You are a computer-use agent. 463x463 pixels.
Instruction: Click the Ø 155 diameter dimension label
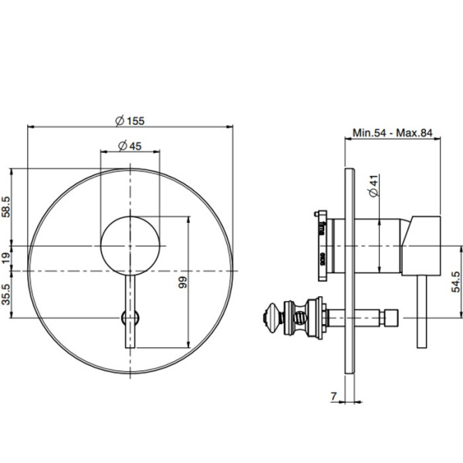(x=130, y=121)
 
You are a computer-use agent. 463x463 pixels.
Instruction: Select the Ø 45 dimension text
(x=130, y=146)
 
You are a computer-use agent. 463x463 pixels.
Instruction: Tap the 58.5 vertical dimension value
(x=6, y=207)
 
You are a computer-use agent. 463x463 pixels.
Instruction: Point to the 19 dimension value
(x=6, y=258)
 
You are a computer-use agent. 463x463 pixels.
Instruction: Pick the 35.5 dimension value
(x=6, y=295)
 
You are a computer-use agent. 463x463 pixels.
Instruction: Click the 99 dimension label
(x=183, y=282)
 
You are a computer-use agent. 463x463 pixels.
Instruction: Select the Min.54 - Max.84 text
(x=393, y=133)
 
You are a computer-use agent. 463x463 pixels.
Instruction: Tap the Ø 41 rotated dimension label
(x=373, y=186)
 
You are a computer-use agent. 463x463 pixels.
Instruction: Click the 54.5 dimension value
(x=455, y=282)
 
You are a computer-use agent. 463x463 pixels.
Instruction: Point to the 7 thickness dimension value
(x=333, y=396)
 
